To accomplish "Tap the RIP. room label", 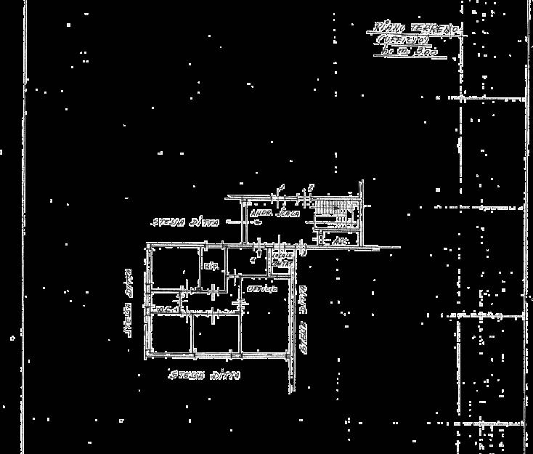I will (x=211, y=266).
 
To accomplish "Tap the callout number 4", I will (x=252, y=256).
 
